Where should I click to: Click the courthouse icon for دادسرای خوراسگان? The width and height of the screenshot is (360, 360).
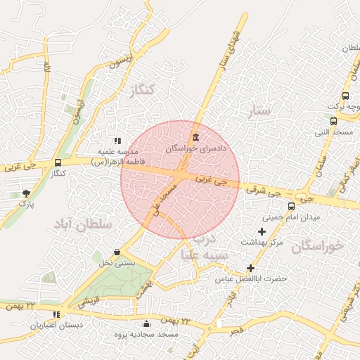[x=195, y=136]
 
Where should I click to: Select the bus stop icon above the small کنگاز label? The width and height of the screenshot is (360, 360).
[x=58, y=163]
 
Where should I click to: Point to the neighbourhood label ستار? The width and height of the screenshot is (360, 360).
[x=259, y=110]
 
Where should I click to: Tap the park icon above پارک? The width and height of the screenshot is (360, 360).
[x=27, y=193]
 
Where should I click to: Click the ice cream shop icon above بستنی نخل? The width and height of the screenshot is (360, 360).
[x=116, y=252]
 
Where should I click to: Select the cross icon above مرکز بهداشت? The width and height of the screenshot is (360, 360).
[x=262, y=231]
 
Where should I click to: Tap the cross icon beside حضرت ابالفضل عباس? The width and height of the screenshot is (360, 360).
[x=250, y=268]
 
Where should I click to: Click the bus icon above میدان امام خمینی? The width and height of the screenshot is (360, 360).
[x=291, y=207]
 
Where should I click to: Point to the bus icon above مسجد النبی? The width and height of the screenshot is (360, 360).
[x=333, y=121]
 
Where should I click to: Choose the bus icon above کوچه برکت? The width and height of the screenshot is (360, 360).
[x=345, y=96]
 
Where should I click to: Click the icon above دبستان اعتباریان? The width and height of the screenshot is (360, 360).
[x=56, y=314]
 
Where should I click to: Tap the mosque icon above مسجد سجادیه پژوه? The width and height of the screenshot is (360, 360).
[x=146, y=324]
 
